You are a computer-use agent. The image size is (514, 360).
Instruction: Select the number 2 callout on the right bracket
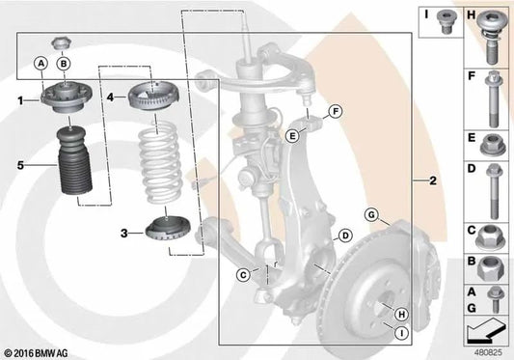pos(434,180)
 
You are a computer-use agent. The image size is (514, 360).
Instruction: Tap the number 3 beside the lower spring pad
pos(124,233)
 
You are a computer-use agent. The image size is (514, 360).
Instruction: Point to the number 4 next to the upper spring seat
pos(111,97)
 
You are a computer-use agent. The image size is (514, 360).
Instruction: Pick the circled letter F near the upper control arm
pos(336,113)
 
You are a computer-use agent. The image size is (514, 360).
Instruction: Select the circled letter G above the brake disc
pos(371,213)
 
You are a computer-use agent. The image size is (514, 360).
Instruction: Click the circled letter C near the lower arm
pos(244,276)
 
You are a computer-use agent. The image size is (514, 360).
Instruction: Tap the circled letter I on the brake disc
pos(399,333)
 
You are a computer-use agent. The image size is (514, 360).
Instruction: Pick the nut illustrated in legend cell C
pos(493,235)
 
